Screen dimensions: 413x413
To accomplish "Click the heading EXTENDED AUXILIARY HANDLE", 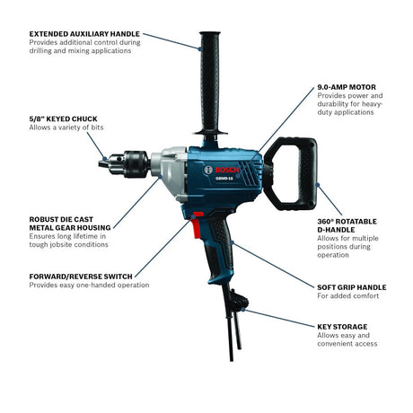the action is [84, 34].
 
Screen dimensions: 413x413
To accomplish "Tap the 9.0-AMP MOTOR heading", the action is [347, 87].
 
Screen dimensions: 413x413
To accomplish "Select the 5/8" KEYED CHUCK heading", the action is [63, 119].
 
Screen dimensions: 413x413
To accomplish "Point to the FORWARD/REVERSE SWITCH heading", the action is [81, 277].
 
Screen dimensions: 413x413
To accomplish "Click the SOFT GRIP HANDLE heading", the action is [352, 287].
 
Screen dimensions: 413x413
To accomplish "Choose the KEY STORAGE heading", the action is [342, 327].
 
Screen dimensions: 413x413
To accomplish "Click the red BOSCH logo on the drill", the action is [227, 170].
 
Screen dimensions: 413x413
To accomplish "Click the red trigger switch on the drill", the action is [197, 224].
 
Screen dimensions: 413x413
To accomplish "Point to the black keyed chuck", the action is [124, 164].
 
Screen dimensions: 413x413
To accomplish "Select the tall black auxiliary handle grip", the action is [210, 83].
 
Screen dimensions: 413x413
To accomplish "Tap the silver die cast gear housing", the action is [170, 173].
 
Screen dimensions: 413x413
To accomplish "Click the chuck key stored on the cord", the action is [239, 303].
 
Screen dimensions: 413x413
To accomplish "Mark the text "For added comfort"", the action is [348, 295].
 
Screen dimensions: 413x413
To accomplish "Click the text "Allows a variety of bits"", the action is [66, 127].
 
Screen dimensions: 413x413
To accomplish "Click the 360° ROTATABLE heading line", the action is [347, 222].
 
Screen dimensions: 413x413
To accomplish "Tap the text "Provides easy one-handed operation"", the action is [89, 285].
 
